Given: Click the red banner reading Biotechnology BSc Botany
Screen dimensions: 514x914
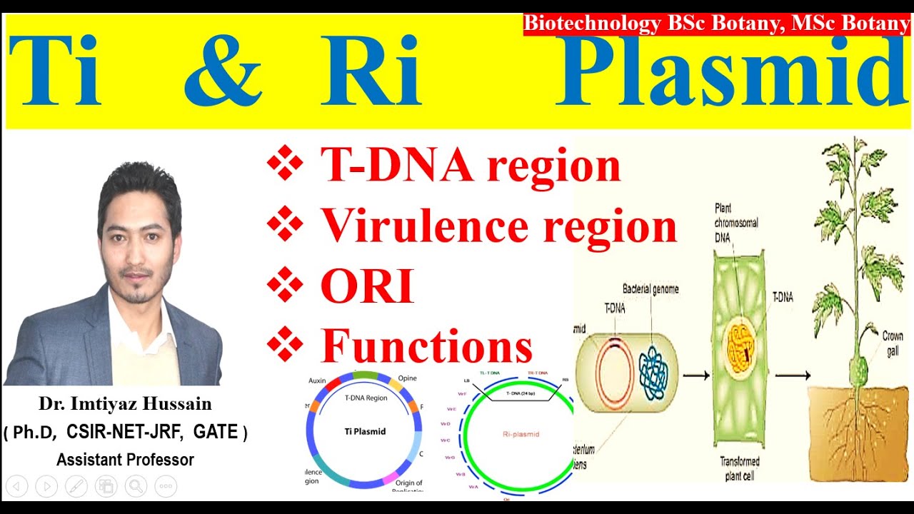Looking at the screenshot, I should tap(717, 24).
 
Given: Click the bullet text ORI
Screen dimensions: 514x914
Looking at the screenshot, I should tap(367, 287).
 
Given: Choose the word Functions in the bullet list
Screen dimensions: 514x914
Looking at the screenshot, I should tap(426, 346).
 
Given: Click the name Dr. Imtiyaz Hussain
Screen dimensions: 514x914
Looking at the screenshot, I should tap(125, 404).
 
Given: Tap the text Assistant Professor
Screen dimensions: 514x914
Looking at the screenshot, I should tap(125, 460).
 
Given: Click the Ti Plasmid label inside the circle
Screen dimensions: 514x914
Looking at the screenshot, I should tap(365, 431).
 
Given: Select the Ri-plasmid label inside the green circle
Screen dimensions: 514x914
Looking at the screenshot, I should tap(518, 434).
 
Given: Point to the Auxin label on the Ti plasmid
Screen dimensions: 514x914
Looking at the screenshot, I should tap(317, 381).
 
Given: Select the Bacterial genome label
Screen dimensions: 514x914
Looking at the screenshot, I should tap(650, 290).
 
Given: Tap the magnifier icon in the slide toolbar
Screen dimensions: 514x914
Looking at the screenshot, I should tap(135, 487).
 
